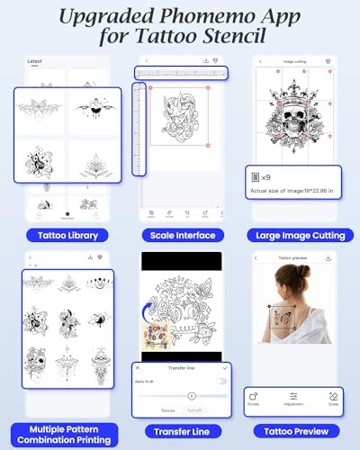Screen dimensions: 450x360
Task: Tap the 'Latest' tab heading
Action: click(35, 61)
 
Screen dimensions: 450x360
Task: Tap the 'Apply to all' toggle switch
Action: click(220, 381)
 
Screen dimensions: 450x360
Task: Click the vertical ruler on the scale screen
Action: click(139, 130)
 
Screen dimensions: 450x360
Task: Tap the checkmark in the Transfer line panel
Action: click(223, 367)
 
